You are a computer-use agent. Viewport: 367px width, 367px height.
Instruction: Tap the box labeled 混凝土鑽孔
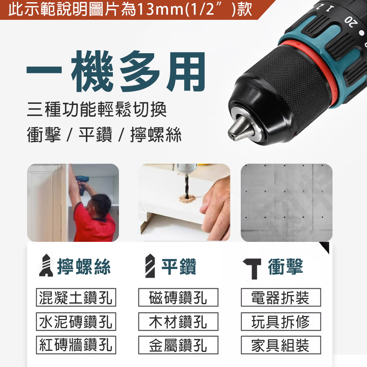(76, 298)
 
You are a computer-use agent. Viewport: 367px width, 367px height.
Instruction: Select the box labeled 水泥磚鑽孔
(76, 321)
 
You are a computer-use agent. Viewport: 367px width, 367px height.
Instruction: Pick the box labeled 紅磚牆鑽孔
(76, 345)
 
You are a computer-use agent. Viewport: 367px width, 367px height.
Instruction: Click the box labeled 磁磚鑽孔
(178, 298)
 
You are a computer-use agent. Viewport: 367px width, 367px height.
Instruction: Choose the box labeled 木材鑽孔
(178, 321)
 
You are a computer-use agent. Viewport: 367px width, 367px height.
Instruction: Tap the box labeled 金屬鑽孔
(178, 345)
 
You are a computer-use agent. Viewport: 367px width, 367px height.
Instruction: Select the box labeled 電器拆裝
(281, 298)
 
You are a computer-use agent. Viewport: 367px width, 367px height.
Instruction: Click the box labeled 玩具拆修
(281, 321)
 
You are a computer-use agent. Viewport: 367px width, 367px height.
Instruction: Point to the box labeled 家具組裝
(281, 345)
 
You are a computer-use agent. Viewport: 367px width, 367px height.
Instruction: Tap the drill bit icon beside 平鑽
(149, 266)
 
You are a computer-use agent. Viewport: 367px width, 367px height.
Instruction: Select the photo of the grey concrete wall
(286, 203)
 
